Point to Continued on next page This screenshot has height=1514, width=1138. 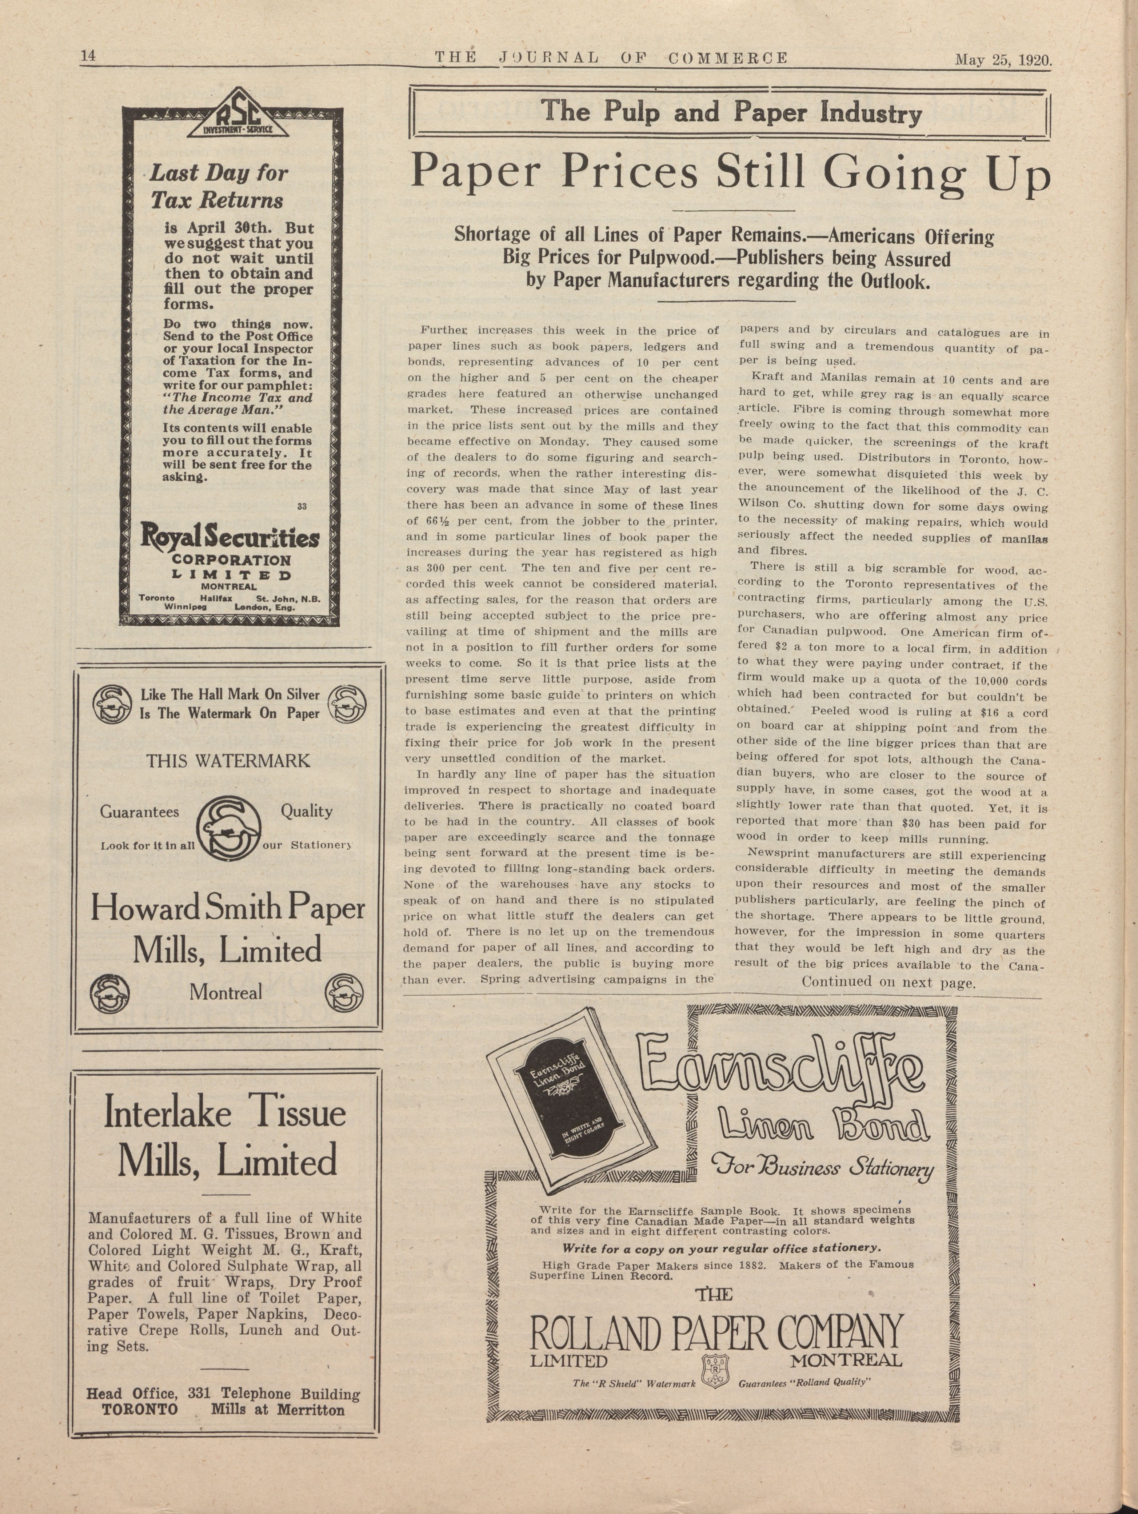(x=887, y=983)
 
